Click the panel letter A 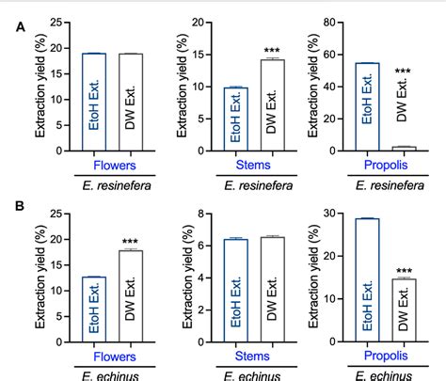(x=20, y=27)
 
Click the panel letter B (x=20, y=204)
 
